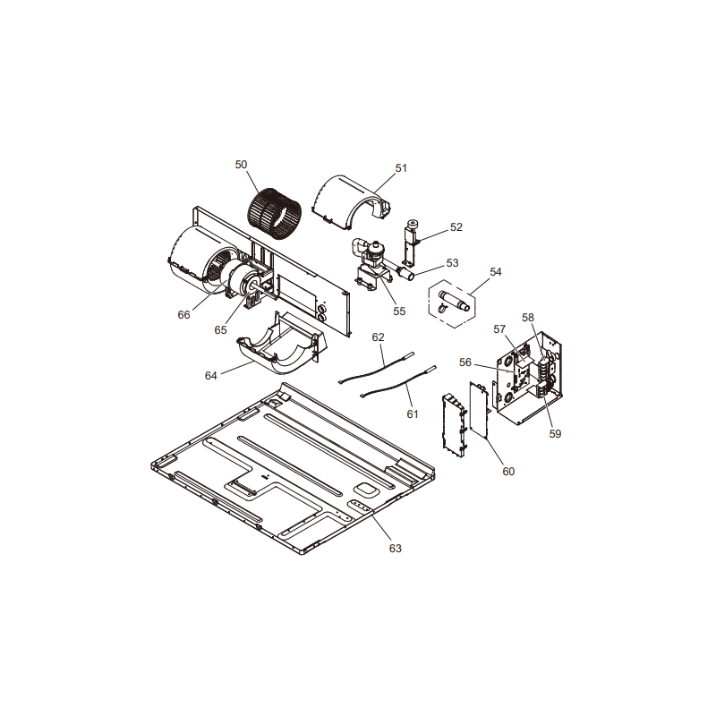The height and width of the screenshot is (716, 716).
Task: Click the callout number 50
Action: point(241,165)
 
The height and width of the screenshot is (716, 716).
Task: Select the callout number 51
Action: point(401,168)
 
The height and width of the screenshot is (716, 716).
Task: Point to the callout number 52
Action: point(456,227)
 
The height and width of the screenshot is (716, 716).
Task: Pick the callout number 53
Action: point(452,263)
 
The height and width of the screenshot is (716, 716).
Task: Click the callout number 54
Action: point(496,272)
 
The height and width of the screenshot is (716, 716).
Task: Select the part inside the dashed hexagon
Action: point(453,302)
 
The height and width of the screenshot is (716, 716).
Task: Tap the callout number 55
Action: point(399,311)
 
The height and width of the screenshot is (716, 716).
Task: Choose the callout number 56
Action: point(465,362)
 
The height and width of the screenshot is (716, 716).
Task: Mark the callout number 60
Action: point(508,472)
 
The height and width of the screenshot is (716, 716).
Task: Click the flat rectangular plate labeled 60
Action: point(479,411)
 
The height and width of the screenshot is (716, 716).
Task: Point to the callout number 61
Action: point(413,413)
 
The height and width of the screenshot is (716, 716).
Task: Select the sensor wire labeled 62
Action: point(376,367)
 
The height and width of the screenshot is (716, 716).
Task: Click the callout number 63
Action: point(395,548)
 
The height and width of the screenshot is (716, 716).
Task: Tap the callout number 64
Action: point(210,375)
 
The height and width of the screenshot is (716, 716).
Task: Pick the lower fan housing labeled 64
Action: point(282,344)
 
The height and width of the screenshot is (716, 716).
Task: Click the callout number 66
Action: point(183,315)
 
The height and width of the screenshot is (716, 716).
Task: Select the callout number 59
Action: point(555,433)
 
